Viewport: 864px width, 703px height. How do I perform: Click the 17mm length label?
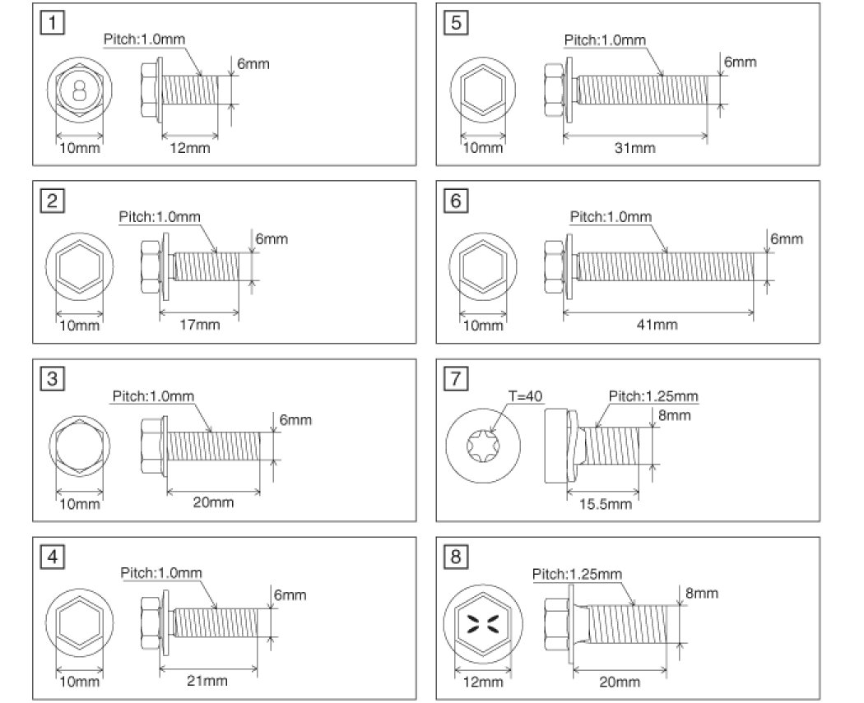click(196, 326)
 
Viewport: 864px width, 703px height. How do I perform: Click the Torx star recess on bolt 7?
click(483, 448)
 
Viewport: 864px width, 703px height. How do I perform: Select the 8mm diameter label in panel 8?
click(702, 592)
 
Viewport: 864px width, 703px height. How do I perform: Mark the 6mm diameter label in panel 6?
click(786, 239)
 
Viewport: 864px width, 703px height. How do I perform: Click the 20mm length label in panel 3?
click(211, 503)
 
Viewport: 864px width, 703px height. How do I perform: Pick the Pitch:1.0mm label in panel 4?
click(160, 573)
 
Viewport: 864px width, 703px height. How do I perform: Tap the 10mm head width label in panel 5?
click(483, 148)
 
